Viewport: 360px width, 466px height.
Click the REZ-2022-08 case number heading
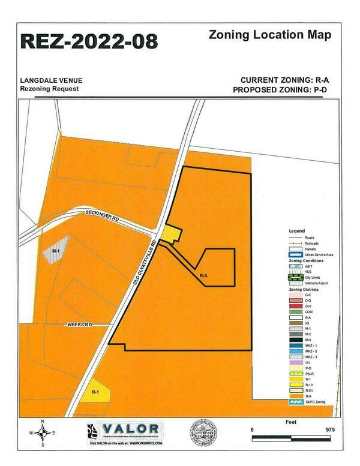(89, 41)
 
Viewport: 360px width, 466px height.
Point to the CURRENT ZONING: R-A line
(285, 80)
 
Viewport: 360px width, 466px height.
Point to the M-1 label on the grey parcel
(56, 249)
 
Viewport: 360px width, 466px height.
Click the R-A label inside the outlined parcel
(203, 275)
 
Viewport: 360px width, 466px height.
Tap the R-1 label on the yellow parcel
(95, 391)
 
